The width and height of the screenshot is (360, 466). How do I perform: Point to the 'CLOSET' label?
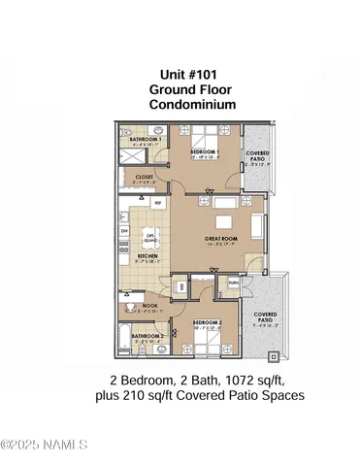145,177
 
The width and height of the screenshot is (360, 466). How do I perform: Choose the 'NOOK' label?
149,306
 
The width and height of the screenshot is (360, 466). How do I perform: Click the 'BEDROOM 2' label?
208,322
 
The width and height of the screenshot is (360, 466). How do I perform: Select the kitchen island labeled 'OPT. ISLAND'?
149,235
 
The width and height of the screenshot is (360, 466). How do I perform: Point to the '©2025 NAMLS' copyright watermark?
45,446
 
